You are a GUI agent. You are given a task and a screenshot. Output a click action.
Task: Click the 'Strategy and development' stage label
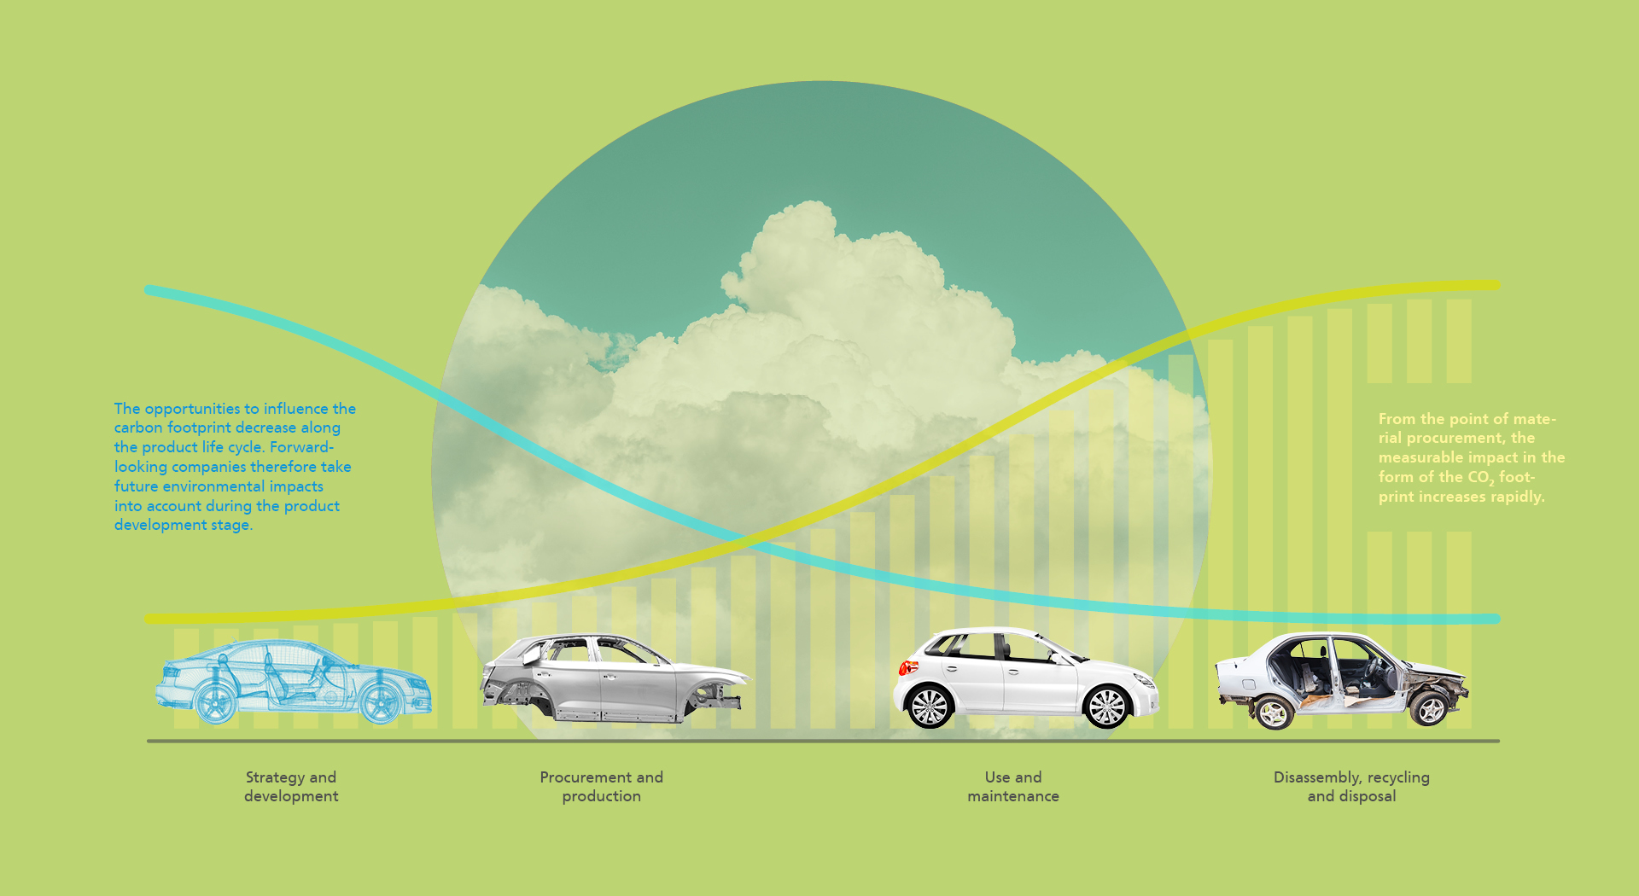pos(291,787)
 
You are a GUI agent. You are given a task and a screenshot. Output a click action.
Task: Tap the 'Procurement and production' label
pos(601,787)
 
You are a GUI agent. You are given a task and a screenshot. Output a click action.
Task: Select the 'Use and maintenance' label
pos(1013,787)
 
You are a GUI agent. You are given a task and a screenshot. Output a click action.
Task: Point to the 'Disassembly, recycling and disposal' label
pos(1351,787)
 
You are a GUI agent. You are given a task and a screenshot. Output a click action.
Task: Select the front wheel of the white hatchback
pos(1107,707)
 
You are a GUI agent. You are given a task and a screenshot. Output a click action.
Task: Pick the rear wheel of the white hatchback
pos(930,707)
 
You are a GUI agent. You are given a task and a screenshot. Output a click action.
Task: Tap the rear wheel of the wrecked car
pos(1273,712)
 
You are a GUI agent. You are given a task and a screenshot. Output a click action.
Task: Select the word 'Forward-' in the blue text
pos(301,447)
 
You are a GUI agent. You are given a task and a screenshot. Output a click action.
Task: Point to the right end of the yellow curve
pos(1494,285)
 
